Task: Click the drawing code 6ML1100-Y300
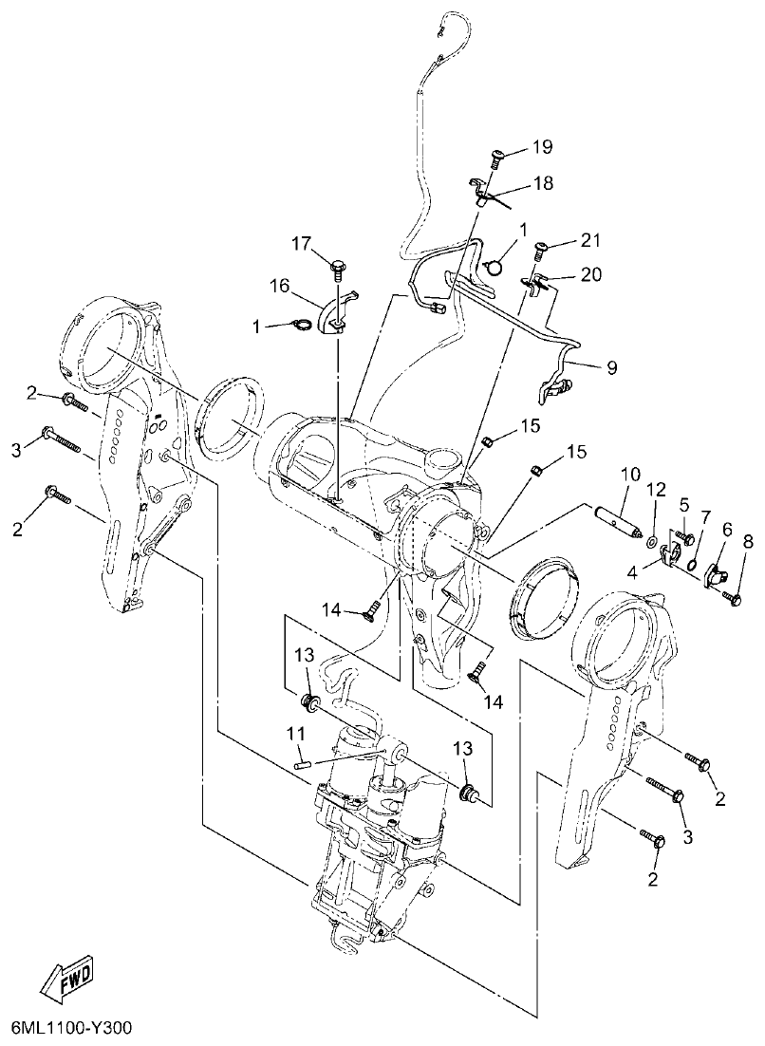click(x=72, y=1029)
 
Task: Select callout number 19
click(x=541, y=146)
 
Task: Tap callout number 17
click(x=302, y=244)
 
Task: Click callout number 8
click(x=748, y=542)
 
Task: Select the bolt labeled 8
click(x=734, y=598)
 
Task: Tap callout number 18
click(x=543, y=183)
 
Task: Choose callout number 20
click(x=590, y=274)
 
